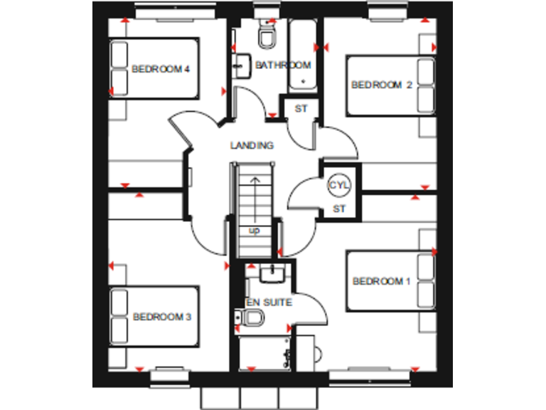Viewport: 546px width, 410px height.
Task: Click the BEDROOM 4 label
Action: [x=160, y=69]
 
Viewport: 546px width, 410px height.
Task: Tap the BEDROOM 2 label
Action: [x=382, y=85]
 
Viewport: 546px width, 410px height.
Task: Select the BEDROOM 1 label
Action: [x=382, y=281]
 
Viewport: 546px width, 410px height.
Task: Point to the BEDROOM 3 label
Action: [x=162, y=316]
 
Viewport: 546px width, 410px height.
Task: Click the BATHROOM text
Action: [x=283, y=65]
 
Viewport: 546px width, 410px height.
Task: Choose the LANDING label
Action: [x=252, y=145]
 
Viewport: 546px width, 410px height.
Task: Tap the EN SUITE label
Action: [x=269, y=303]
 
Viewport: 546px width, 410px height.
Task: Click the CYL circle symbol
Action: [x=338, y=185]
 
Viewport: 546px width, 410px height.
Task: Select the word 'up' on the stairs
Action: [x=254, y=231]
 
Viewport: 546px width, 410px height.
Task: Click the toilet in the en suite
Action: [x=247, y=320]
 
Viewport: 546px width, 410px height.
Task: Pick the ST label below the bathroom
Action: [x=301, y=109]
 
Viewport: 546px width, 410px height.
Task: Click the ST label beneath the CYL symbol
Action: [x=339, y=209]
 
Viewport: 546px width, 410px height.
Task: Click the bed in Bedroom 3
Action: [x=153, y=317]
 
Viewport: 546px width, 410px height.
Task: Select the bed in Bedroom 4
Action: [x=153, y=68]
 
